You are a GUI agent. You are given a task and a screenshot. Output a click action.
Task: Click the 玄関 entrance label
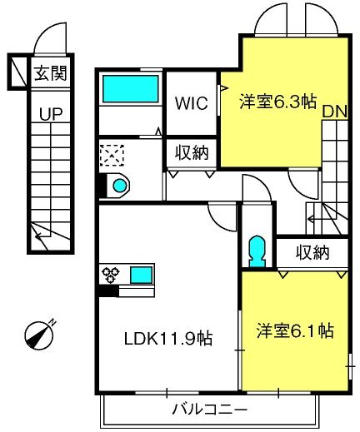51,73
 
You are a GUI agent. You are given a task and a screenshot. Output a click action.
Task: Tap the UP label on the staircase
51,113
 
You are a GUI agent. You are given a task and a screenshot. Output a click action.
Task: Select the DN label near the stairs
335,112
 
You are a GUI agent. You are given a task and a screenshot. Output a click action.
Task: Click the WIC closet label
192,103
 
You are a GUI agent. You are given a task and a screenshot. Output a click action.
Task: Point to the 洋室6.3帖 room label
278,102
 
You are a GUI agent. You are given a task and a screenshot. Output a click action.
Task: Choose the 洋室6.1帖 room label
295,330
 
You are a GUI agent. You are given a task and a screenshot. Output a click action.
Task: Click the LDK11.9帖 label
168,339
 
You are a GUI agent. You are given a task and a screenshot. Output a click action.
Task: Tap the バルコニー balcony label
210,410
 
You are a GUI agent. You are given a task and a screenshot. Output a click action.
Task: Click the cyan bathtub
131,89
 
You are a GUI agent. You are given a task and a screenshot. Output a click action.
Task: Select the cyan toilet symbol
257,251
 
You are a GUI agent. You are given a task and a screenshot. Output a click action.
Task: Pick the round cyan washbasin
119,185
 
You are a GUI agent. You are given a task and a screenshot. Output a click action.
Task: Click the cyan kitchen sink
142,275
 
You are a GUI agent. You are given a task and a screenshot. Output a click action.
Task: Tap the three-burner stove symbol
111,275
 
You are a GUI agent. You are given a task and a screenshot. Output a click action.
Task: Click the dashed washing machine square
112,156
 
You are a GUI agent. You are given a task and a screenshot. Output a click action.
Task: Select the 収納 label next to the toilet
312,252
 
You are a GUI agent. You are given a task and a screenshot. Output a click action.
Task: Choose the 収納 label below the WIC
192,153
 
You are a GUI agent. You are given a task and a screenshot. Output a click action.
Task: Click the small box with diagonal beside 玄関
17,72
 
